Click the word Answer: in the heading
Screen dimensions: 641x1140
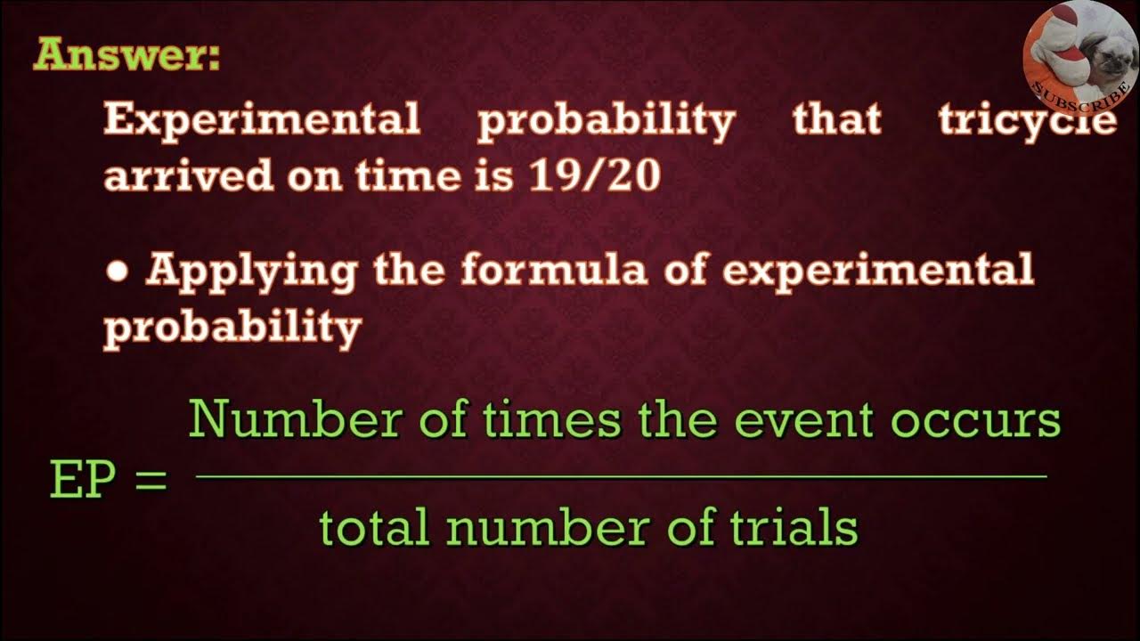126,55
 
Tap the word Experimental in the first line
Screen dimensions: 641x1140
262,120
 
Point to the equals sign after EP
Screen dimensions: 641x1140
150,482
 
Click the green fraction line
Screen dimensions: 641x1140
621,477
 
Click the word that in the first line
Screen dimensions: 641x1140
836,120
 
